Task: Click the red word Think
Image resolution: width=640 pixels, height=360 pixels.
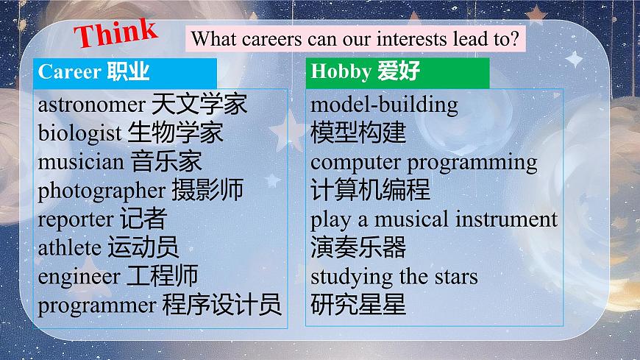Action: tap(117, 33)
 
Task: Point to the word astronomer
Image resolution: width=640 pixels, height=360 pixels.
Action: tap(91, 105)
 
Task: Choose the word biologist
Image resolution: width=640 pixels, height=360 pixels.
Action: tap(79, 133)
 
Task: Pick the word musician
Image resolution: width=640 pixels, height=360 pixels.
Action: tap(81, 161)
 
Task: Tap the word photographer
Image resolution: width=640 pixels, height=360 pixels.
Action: tap(102, 191)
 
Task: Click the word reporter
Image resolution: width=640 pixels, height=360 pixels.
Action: tap(75, 219)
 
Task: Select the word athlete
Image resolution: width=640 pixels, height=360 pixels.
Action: tap(69, 247)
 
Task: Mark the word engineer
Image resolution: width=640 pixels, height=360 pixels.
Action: tap(79, 276)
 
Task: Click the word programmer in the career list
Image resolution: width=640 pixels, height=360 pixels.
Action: tap(96, 305)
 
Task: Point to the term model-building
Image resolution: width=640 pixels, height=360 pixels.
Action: tap(384, 105)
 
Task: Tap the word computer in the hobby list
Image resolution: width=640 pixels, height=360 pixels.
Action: tap(355, 162)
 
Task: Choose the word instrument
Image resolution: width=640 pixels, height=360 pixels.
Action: tap(506, 219)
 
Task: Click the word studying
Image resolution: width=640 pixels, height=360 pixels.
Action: tap(352, 277)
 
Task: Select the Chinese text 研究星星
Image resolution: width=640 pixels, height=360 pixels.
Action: tap(358, 304)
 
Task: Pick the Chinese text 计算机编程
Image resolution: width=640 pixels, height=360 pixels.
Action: tap(370, 190)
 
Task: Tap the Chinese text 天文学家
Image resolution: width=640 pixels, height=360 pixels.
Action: tap(199, 104)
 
